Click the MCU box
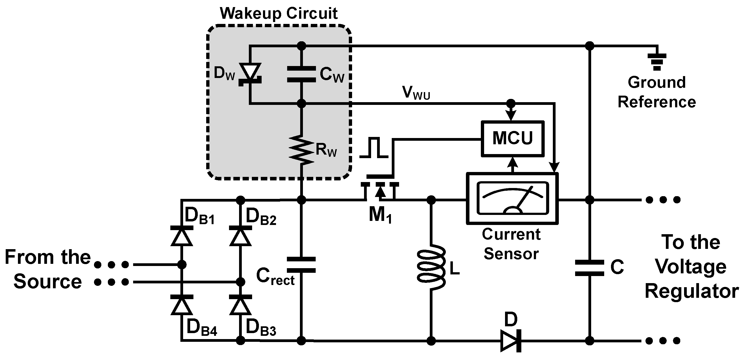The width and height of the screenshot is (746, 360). pos(512,139)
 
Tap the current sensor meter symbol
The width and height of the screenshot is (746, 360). pos(512,198)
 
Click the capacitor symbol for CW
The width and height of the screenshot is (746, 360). pos(302,74)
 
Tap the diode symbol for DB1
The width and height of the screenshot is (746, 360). pos(181,236)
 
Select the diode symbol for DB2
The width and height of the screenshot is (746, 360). pos(240,236)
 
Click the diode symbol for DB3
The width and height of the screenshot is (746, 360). pos(240,305)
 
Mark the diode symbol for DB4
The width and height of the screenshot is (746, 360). pos(181,305)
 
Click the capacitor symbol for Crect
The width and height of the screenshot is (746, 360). pos(302,264)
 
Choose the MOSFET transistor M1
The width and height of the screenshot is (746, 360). pos(380,190)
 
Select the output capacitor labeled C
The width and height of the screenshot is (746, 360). pos(589,268)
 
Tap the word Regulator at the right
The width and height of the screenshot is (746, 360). pos(692,291)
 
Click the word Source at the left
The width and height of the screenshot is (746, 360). pos(48,281)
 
